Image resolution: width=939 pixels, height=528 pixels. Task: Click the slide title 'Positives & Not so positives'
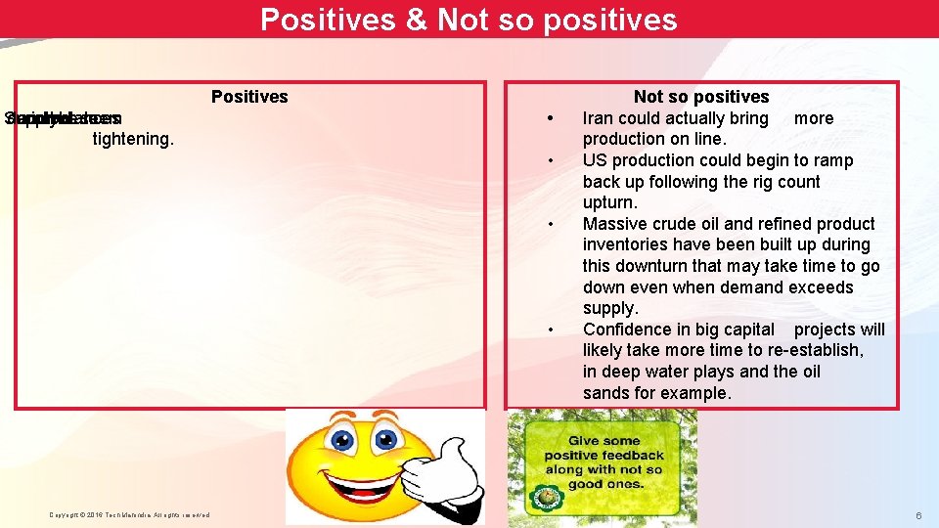point(469,20)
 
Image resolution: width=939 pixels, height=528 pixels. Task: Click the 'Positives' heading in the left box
point(249,97)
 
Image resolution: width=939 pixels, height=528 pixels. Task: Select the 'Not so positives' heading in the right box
point(700,97)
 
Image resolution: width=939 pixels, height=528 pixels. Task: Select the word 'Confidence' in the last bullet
point(623,330)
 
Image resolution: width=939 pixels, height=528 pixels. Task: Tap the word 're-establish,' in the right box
point(816,350)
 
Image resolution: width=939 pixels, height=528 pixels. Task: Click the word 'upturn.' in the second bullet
point(609,202)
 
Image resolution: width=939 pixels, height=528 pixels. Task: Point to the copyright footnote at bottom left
point(129,515)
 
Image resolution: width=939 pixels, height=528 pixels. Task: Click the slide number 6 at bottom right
point(918,515)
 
